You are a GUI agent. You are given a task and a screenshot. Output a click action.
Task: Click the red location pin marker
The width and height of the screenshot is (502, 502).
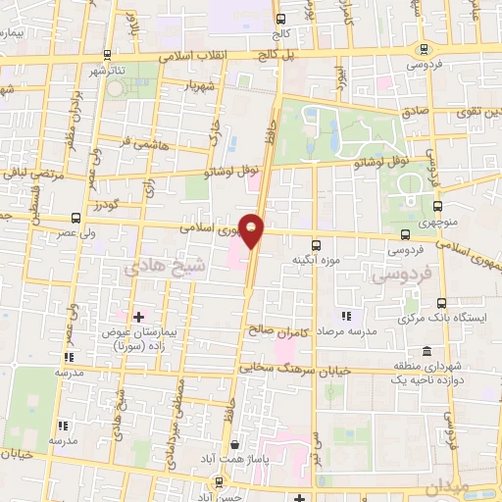pyautogui.click(x=253, y=230)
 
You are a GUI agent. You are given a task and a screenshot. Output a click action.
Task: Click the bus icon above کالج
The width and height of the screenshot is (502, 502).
pyautogui.click(x=281, y=19)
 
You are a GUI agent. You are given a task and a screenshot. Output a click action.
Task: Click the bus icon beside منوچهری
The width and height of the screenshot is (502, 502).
pyautogui.click(x=438, y=206)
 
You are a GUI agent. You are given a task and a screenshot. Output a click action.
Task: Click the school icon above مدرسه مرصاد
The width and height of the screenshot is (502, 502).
pyautogui.click(x=345, y=316)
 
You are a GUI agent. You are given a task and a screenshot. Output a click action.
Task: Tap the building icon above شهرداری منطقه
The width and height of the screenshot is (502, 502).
pyautogui.click(x=427, y=352)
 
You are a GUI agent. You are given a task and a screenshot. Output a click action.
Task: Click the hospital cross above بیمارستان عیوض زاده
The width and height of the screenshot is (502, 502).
pyautogui.click(x=138, y=317)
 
